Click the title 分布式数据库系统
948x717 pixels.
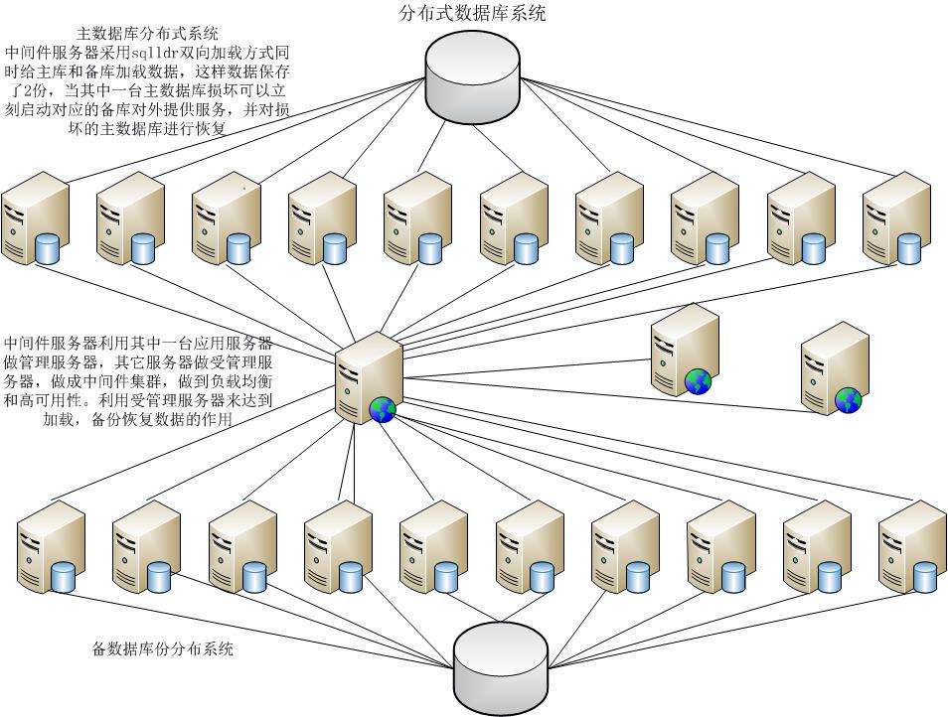472,13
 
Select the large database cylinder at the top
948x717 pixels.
473,75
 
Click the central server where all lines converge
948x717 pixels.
368,377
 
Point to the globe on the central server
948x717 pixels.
383,409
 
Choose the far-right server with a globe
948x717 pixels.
835,365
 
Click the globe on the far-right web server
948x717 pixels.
848,399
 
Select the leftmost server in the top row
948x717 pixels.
35,218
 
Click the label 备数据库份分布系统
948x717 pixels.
163,649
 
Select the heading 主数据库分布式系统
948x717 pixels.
147,34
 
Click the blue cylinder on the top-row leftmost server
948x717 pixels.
48,248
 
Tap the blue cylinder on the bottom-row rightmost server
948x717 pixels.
925,576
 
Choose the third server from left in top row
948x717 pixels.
227,218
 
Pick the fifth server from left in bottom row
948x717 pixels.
433,546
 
